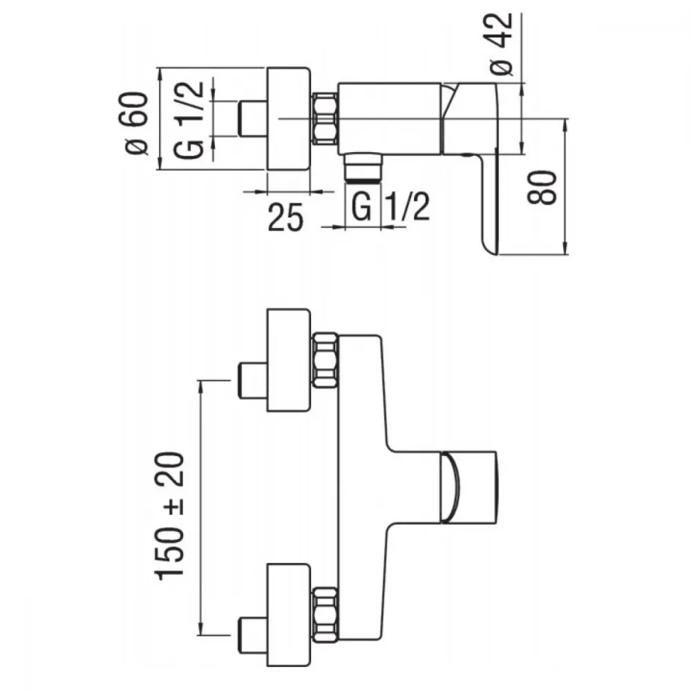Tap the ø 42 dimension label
[x=502, y=44]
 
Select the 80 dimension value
[x=542, y=187]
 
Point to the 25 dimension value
[x=286, y=217]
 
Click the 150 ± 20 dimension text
[x=169, y=515]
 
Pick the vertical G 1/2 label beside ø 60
[x=189, y=120]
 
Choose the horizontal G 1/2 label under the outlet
[x=390, y=207]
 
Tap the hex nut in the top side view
[x=325, y=119]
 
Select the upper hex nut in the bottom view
[x=325, y=361]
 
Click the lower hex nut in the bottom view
[x=325, y=614]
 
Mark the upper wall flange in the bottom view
[x=289, y=361]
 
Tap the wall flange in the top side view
[x=289, y=119]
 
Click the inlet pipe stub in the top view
[x=252, y=119]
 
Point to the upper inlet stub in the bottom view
[x=252, y=380]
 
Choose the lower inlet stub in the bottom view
[x=252, y=635]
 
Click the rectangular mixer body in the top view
[x=390, y=119]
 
